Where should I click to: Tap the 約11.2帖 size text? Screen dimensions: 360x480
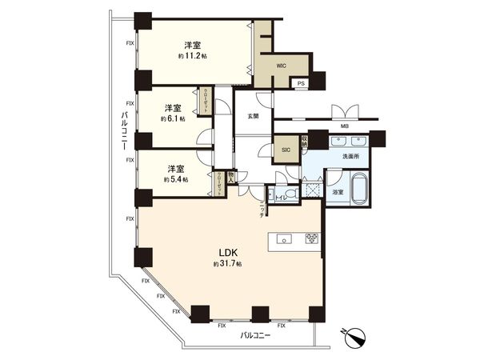192,57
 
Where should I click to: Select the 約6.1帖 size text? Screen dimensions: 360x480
173,118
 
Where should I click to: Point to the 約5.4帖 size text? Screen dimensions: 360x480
175,180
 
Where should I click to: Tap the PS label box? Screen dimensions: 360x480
301,82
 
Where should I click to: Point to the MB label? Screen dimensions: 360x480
344,126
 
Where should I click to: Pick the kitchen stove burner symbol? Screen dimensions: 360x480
311,238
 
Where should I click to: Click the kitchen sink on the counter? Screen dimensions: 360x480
282,238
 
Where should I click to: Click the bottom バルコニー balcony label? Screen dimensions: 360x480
255,336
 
